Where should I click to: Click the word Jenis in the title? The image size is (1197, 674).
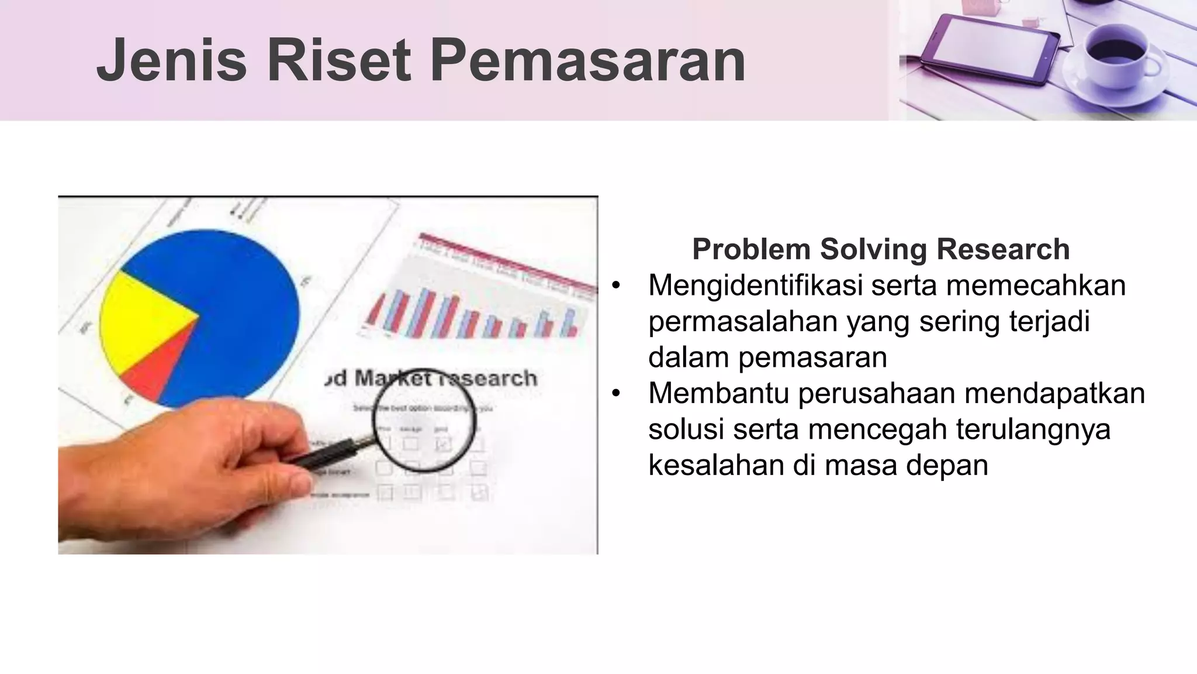pos(172,61)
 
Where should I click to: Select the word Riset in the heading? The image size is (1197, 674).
pos(338,61)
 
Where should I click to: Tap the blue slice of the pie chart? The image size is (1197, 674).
pos(234,293)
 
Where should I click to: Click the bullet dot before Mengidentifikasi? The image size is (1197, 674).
pos(615,287)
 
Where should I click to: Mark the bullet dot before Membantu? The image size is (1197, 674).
pos(615,394)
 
